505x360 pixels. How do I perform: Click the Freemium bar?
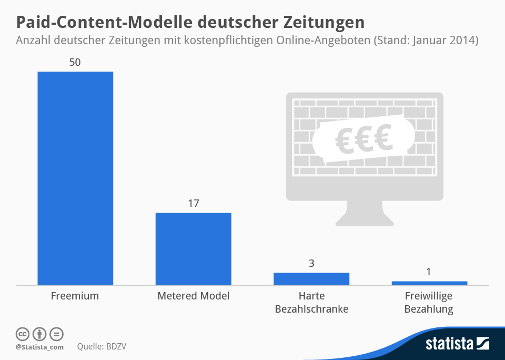point(75,178)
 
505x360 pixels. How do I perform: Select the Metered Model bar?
point(193,249)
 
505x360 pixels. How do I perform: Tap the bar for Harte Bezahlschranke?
point(311,279)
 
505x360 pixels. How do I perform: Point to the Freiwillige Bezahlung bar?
point(429,283)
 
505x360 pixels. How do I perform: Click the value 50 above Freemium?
point(75,62)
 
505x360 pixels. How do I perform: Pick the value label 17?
point(193,203)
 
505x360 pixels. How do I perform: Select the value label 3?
point(311,263)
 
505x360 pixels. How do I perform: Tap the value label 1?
point(429,272)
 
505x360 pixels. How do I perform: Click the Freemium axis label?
point(75,296)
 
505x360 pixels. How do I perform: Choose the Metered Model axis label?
point(193,296)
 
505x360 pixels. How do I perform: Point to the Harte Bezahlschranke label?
point(311,303)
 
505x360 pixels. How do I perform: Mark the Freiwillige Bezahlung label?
point(429,303)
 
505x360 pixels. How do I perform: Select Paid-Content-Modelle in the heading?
point(106,22)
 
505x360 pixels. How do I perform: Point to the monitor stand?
point(364,215)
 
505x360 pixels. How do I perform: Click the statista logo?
point(457,344)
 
